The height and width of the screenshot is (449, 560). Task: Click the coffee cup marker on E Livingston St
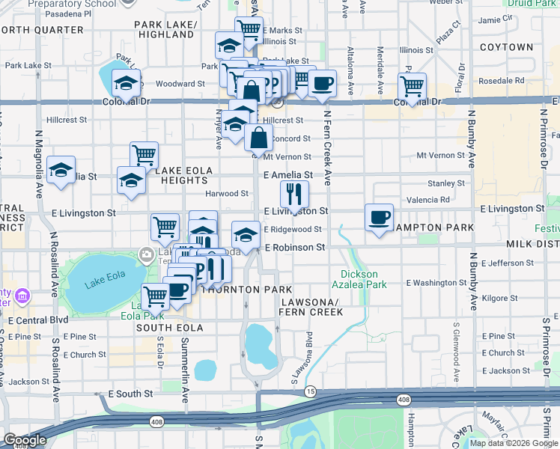[x=379, y=218]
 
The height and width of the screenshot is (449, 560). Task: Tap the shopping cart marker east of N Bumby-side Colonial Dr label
[x=411, y=87]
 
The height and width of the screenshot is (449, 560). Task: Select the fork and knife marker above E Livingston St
[x=294, y=195]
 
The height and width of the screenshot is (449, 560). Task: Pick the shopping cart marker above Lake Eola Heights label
[x=144, y=156]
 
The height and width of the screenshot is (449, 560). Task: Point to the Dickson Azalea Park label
[x=363, y=279]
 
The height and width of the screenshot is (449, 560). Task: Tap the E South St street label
[x=130, y=393]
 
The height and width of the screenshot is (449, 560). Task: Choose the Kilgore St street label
[x=496, y=298]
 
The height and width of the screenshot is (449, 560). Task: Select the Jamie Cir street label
[x=494, y=19]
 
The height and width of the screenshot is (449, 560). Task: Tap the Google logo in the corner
[x=25, y=440]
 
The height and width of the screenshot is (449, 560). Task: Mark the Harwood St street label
[x=228, y=193]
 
